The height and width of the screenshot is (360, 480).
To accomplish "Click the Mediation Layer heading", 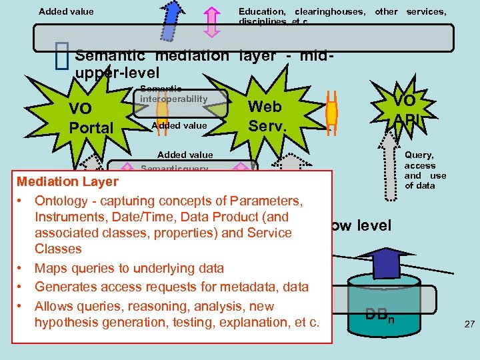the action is click(x=67, y=181).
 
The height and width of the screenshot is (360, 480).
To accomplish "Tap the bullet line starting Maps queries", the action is click(x=129, y=268).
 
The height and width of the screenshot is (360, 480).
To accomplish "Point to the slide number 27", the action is click(x=469, y=324).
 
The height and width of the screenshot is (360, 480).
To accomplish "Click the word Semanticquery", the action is click(x=175, y=169).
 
